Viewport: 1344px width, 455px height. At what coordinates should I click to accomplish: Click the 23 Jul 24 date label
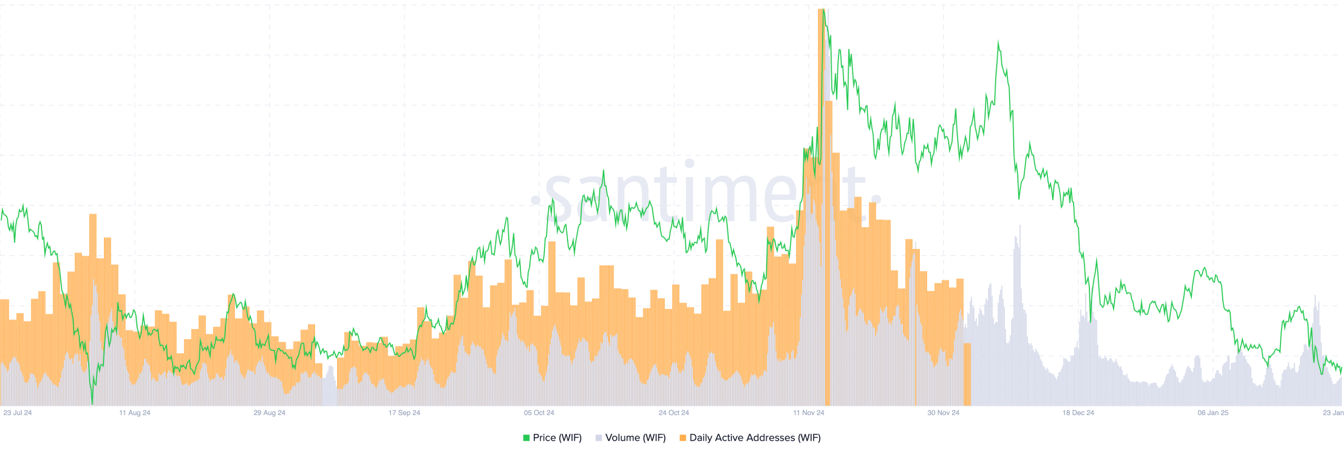pos(17,413)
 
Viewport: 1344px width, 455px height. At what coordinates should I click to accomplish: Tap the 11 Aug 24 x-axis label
pos(134,413)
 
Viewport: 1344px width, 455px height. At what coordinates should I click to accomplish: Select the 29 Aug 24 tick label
pos(269,413)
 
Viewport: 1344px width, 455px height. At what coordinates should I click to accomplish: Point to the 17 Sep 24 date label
pos(404,413)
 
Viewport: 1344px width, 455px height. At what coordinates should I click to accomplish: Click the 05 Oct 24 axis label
pos(539,413)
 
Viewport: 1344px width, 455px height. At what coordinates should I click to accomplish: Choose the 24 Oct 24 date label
pos(674,413)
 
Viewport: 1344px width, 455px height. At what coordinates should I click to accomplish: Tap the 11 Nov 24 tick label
pos(808,413)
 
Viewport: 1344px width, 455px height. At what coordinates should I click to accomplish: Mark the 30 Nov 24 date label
pos(943,413)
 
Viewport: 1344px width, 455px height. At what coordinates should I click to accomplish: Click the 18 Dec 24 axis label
pos(1078,413)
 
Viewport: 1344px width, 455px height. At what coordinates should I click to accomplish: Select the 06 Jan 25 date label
pos(1213,413)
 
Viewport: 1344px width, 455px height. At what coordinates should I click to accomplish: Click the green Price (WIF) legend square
pos(526,438)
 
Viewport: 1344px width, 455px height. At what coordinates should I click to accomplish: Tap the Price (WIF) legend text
pos(557,438)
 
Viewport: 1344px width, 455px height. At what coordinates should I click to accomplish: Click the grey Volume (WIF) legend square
pos(598,438)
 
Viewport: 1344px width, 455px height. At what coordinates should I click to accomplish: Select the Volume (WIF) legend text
pos(635,438)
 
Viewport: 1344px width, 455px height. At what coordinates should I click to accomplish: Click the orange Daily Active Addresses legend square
pos(682,438)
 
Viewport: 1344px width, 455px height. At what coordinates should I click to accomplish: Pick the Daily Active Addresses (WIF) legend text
pos(754,438)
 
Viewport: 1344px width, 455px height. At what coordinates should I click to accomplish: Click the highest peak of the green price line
pos(824,10)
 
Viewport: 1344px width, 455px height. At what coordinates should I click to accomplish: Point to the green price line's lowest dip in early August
pos(92,404)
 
